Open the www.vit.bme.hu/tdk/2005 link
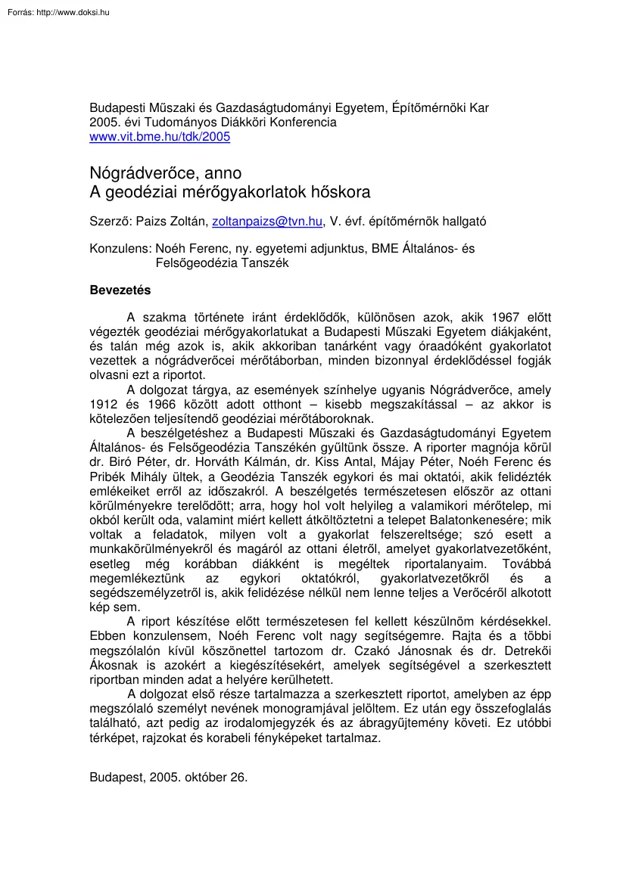[160, 137]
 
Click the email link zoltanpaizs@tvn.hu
[266, 222]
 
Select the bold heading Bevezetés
[120, 290]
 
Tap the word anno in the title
[223, 173]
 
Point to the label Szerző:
[110, 222]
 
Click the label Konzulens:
[120, 249]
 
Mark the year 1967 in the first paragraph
[505, 317]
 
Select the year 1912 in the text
[104, 404]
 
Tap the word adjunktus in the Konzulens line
[341, 249]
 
